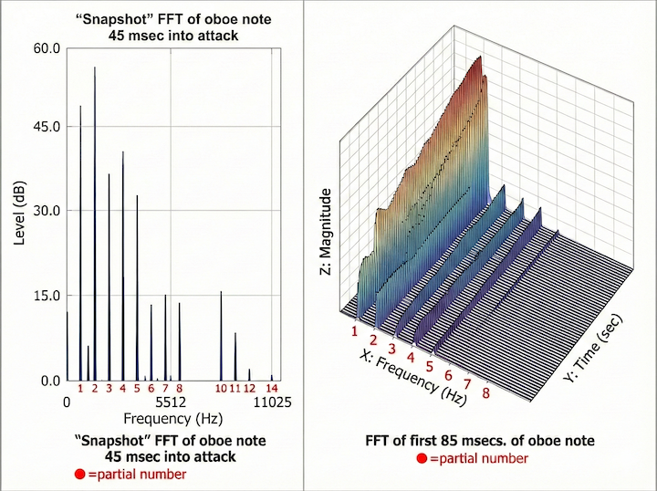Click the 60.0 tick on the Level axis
click(x=47, y=47)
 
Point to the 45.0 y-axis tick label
click(x=47, y=126)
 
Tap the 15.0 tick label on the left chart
click(x=47, y=296)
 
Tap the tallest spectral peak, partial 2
click(x=95, y=68)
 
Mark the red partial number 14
click(x=272, y=389)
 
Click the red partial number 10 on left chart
click(x=221, y=389)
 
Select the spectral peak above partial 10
click(x=221, y=293)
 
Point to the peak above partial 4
click(x=123, y=153)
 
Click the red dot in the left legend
click(x=80, y=475)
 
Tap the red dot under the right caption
click(x=421, y=458)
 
